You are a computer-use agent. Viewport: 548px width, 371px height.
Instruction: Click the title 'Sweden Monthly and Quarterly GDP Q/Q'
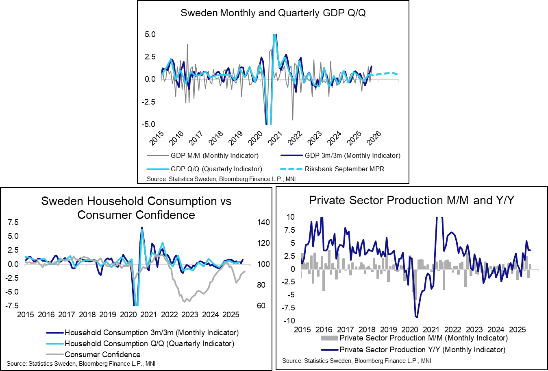(273, 13)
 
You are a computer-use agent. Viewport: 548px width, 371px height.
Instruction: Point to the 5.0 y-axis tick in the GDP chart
(150, 34)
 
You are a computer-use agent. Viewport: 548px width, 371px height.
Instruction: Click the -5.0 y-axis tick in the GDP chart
(149, 124)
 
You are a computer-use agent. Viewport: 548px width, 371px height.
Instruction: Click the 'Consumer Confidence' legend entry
(102, 354)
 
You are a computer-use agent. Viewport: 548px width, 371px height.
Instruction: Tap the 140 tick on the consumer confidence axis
(263, 222)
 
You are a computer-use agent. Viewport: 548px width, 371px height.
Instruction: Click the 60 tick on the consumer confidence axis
(261, 306)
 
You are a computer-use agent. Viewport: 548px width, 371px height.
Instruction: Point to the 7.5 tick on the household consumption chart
(13, 222)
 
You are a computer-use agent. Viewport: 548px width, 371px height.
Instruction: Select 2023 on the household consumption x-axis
(190, 314)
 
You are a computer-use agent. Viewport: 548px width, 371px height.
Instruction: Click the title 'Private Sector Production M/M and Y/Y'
(411, 200)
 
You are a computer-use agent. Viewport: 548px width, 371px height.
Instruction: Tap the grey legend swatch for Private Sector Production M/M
(329, 338)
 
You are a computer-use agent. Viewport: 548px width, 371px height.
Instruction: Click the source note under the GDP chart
(221, 179)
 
